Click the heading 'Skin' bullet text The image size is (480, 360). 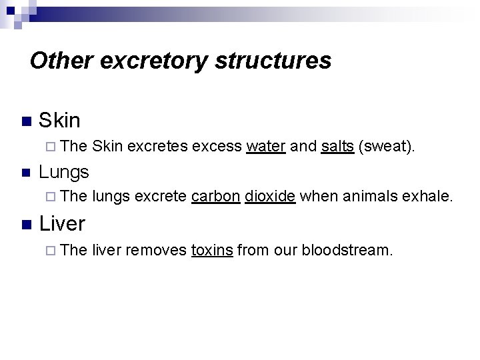[59, 121]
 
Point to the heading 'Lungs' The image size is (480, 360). [63, 172]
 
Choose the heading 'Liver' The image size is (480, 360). [62, 223]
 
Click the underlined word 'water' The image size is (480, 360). [266, 147]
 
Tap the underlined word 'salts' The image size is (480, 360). [337, 147]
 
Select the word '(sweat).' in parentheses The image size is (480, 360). [387, 147]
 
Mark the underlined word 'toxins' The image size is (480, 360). [212, 250]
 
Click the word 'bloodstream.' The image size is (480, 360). [347, 250]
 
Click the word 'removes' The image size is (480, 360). [155, 250]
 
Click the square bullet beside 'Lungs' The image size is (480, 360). [25, 173]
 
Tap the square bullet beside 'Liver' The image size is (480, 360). [25, 224]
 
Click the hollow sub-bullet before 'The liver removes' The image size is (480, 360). [53, 250]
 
